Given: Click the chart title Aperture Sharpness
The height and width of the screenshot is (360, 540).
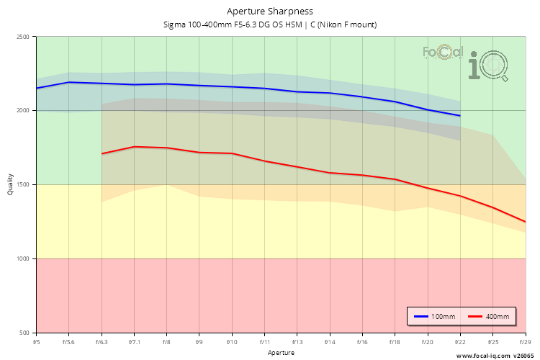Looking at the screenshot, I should point(270,11).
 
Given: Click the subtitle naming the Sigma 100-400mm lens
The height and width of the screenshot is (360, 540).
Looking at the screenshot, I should point(270,24).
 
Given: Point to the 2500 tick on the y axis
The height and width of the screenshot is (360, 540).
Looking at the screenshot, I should point(23,37).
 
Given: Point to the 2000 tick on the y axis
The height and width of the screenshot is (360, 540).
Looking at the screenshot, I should point(23,111).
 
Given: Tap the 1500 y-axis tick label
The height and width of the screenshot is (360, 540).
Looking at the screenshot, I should point(23,185).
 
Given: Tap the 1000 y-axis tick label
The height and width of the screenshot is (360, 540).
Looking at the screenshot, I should point(23,259).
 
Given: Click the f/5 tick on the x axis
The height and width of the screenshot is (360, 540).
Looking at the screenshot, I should point(36,341).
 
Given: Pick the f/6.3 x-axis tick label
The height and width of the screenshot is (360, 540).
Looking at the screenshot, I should point(102,341).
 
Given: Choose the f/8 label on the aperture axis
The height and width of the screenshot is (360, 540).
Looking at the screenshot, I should point(166,341).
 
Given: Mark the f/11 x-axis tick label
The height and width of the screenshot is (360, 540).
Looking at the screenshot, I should point(264,341).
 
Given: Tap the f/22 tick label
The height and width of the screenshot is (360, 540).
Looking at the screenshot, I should point(460,341).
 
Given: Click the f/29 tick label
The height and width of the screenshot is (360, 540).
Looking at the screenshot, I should point(525,341).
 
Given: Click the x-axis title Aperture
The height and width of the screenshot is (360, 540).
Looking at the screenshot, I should point(281,353).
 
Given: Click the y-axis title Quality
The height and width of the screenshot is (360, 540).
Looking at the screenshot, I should point(10,185).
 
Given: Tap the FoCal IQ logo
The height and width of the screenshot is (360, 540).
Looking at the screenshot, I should point(467,60).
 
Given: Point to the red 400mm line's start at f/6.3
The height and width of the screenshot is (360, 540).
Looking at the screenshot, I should point(102,153).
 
